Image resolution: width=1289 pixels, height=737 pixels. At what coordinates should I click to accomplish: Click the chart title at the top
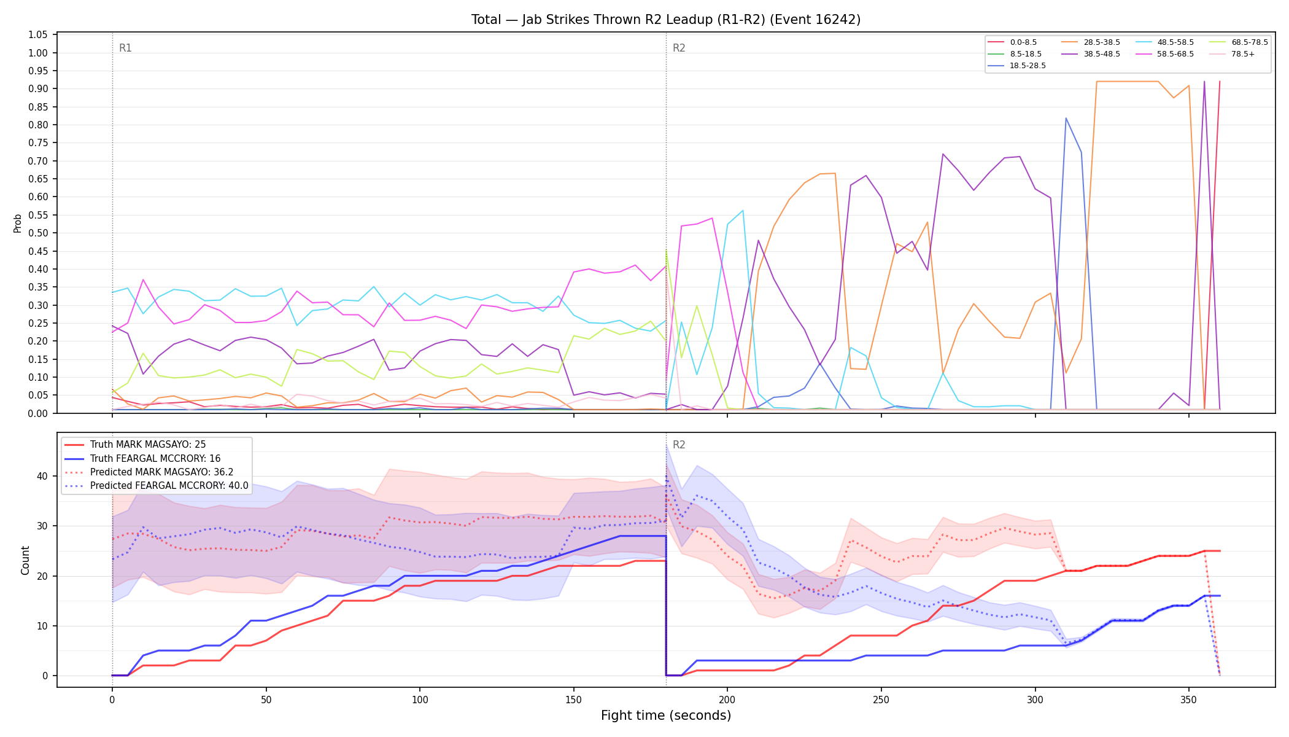tap(666, 20)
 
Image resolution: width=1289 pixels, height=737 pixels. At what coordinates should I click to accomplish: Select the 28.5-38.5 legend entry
tap(1090, 42)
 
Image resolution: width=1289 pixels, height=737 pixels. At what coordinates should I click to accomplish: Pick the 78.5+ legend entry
tap(1232, 54)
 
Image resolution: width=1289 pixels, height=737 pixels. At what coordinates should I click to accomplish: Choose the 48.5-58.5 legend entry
tap(1164, 42)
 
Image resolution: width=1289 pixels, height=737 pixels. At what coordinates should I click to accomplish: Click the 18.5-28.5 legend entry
tap(1016, 66)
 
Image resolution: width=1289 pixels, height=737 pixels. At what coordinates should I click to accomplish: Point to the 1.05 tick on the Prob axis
tap(38, 35)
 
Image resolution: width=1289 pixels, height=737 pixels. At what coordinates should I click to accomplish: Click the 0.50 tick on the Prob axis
tap(38, 233)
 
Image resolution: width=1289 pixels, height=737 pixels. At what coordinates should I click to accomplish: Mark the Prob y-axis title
tap(18, 223)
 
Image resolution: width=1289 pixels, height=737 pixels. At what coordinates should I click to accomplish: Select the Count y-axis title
tap(25, 560)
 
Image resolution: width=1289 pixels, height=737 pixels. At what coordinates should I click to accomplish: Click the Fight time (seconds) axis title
tap(666, 716)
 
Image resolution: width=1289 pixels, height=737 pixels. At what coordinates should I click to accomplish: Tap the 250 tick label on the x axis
tap(881, 700)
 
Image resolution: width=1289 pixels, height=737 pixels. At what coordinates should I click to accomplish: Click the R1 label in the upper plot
tap(125, 48)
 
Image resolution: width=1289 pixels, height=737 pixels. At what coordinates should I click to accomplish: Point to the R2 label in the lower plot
tap(679, 445)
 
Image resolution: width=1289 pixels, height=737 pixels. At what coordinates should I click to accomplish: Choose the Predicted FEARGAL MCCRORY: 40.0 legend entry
tap(157, 486)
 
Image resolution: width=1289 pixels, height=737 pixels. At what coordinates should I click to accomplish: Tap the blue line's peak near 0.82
tap(1066, 118)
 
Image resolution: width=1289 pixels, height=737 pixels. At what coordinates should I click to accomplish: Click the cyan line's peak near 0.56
tap(743, 211)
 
